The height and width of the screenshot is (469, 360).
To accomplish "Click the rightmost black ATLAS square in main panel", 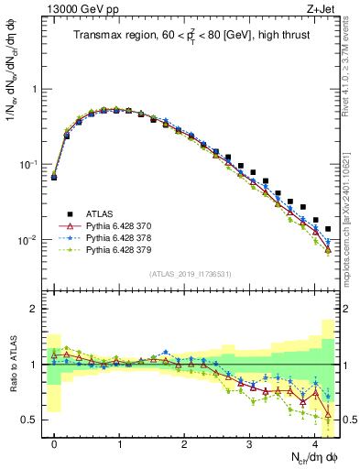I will [x=328, y=229].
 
